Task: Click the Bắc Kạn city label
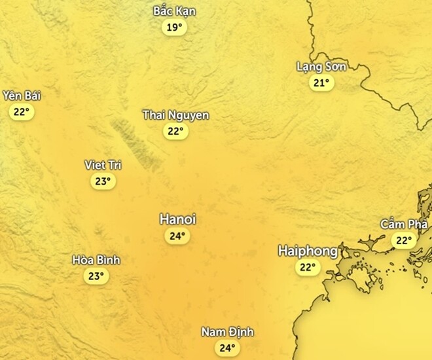point(174,11)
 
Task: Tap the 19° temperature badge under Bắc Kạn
point(174,27)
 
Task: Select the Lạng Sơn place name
point(321,66)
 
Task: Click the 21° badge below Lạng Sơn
point(321,82)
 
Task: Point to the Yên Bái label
point(22,96)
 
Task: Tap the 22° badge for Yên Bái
point(22,112)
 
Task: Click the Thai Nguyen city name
point(176,115)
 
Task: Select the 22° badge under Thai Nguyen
point(175,131)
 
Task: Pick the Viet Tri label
point(103,165)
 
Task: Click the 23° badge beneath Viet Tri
point(103,181)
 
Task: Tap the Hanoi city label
point(177,219)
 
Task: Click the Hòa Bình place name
point(96,260)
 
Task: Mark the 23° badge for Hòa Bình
point(96,276)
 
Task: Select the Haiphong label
point(308,251)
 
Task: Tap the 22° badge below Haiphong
point(307,267)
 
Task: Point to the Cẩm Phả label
point(404,225)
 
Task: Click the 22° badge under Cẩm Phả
point(403,241)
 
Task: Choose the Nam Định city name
point(227,332)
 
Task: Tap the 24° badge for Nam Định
point(227,348)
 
